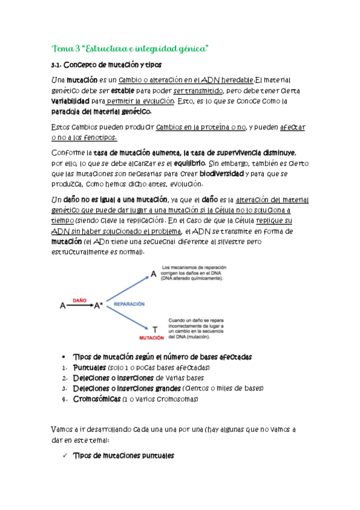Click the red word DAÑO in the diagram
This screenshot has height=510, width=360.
[x=79, y=298]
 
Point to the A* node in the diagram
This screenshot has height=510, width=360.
[x=99, y=306]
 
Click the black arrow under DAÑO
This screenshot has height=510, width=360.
[x=79, y=306]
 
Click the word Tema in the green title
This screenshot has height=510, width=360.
[x=62, y=48]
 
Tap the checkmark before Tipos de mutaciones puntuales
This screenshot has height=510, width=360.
[x=64, y=456]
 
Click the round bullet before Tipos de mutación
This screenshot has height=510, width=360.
[x=65, y=357]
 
